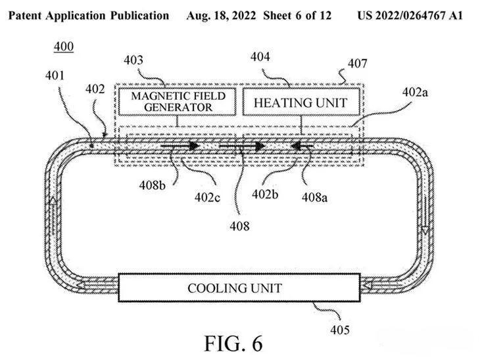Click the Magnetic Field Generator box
pos(178,102)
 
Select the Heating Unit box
pos(300,102)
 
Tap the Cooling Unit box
pos(235,288)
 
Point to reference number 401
pos(55,76)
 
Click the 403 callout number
pos(134,60)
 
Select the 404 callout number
pos(261,57)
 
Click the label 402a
pos(416,93)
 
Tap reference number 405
pos(340,329)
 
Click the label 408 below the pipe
pos(241,225)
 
